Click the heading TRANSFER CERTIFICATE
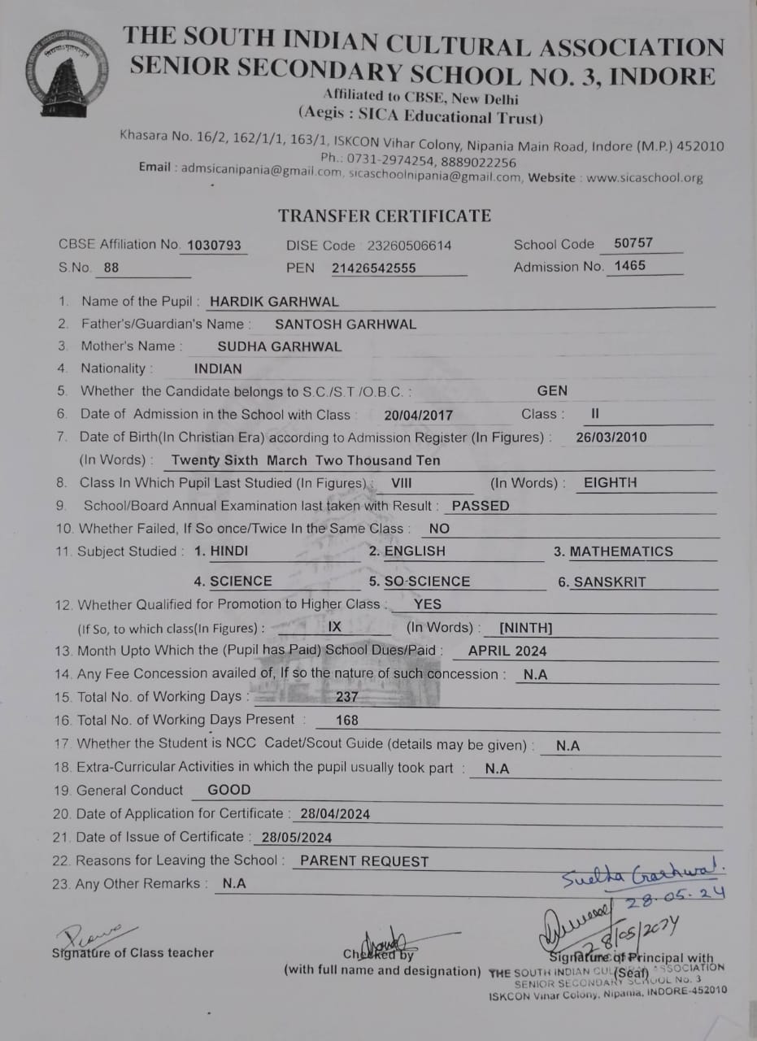[385, 216]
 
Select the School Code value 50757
[633, 243]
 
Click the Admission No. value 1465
[630, 266]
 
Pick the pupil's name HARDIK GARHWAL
[274, 302]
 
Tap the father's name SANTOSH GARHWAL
[346, 324]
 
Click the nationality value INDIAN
[218, 369]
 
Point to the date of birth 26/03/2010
[611, 438]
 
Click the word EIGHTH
[610, 483]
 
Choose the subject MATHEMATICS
[621, 551]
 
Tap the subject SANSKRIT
[610, 582]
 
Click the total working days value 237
[346, 697]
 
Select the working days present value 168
[346, 721]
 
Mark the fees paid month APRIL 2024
[507, 651]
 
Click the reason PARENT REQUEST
[364, 861]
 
